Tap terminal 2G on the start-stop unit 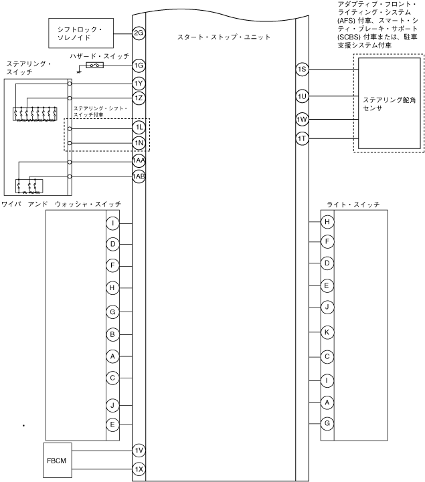click(x=139, y=33)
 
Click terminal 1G click(x=139, y=66)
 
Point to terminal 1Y click(x=139, y=83)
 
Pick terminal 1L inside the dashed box click(x=139, y=126)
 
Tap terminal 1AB click(x=139, y=176)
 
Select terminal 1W click(x=302, y=120)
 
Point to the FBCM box click(x=56, y=461)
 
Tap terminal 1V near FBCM click(x=139, y=451)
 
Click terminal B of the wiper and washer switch click(x=114, y=334)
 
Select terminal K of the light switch click(x=327, y=332)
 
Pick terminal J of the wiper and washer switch click(x=114, y=405)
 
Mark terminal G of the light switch click(x=327, y=423)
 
